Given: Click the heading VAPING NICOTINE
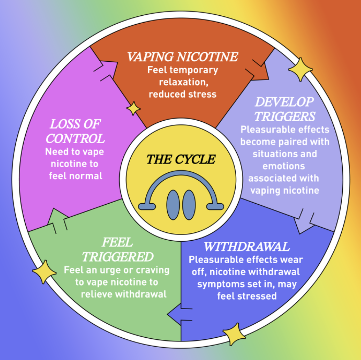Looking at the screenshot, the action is click(x=182, y=57).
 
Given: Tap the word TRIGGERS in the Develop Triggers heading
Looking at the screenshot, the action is click(x=285, y=116).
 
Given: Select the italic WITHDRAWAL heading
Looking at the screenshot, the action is click(x=246, y=247).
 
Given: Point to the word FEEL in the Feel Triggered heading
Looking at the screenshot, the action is click(x=117, y=243).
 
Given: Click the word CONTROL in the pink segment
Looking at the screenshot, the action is click(x=75, y=139).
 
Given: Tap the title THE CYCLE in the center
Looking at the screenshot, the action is click(x=181, y=159).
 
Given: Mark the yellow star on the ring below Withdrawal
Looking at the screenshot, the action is click(x=234, y=334).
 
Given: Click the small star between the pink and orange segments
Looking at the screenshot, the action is click(x=133, y=108).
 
